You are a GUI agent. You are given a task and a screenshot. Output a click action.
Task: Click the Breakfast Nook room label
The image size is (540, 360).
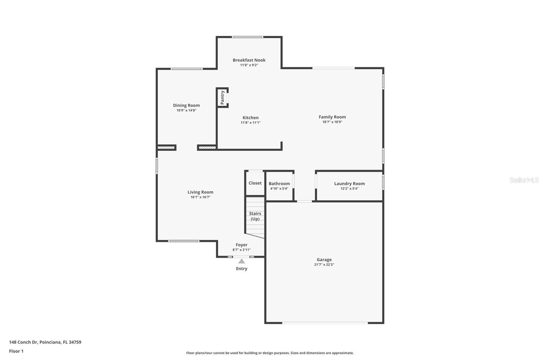[249, 60]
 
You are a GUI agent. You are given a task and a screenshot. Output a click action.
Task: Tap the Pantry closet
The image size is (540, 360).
[222, 98]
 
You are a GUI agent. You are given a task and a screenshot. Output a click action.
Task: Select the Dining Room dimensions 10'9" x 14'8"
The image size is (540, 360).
[186, 110]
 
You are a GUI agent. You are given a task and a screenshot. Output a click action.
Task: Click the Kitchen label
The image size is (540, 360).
[250, 118]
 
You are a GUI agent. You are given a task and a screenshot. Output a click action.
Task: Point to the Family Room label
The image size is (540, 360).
[332, 117]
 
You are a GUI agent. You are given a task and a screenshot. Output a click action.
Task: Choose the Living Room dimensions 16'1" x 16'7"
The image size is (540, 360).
[200, 197]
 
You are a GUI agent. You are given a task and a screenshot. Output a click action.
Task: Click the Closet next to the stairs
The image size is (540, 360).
[255, 183]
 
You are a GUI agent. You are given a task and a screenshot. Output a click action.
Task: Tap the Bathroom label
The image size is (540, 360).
[279, 184]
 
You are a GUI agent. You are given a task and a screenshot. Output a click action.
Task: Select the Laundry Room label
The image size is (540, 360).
[349, 184]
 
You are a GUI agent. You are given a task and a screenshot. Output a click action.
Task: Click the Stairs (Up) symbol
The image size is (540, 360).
[255, 216]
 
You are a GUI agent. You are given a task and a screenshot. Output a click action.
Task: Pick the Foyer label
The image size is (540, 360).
[241, 245]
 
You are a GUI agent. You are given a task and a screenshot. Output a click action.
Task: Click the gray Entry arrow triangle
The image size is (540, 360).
[242, 261]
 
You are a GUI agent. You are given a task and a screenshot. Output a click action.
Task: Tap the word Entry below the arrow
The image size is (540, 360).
[242, 269]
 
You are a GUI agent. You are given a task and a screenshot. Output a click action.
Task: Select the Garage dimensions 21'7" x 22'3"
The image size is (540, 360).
[324, 265]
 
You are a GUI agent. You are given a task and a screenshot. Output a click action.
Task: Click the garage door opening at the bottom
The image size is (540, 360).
[325, 323]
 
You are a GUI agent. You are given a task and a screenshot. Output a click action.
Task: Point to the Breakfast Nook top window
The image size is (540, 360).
[247, 37]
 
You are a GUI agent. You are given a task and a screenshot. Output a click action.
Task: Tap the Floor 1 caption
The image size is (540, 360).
[16, 351]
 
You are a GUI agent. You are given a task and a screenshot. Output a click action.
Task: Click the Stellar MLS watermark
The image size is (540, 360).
[524, 180]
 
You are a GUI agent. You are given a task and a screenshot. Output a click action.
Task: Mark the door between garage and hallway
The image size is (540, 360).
[304, 202]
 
